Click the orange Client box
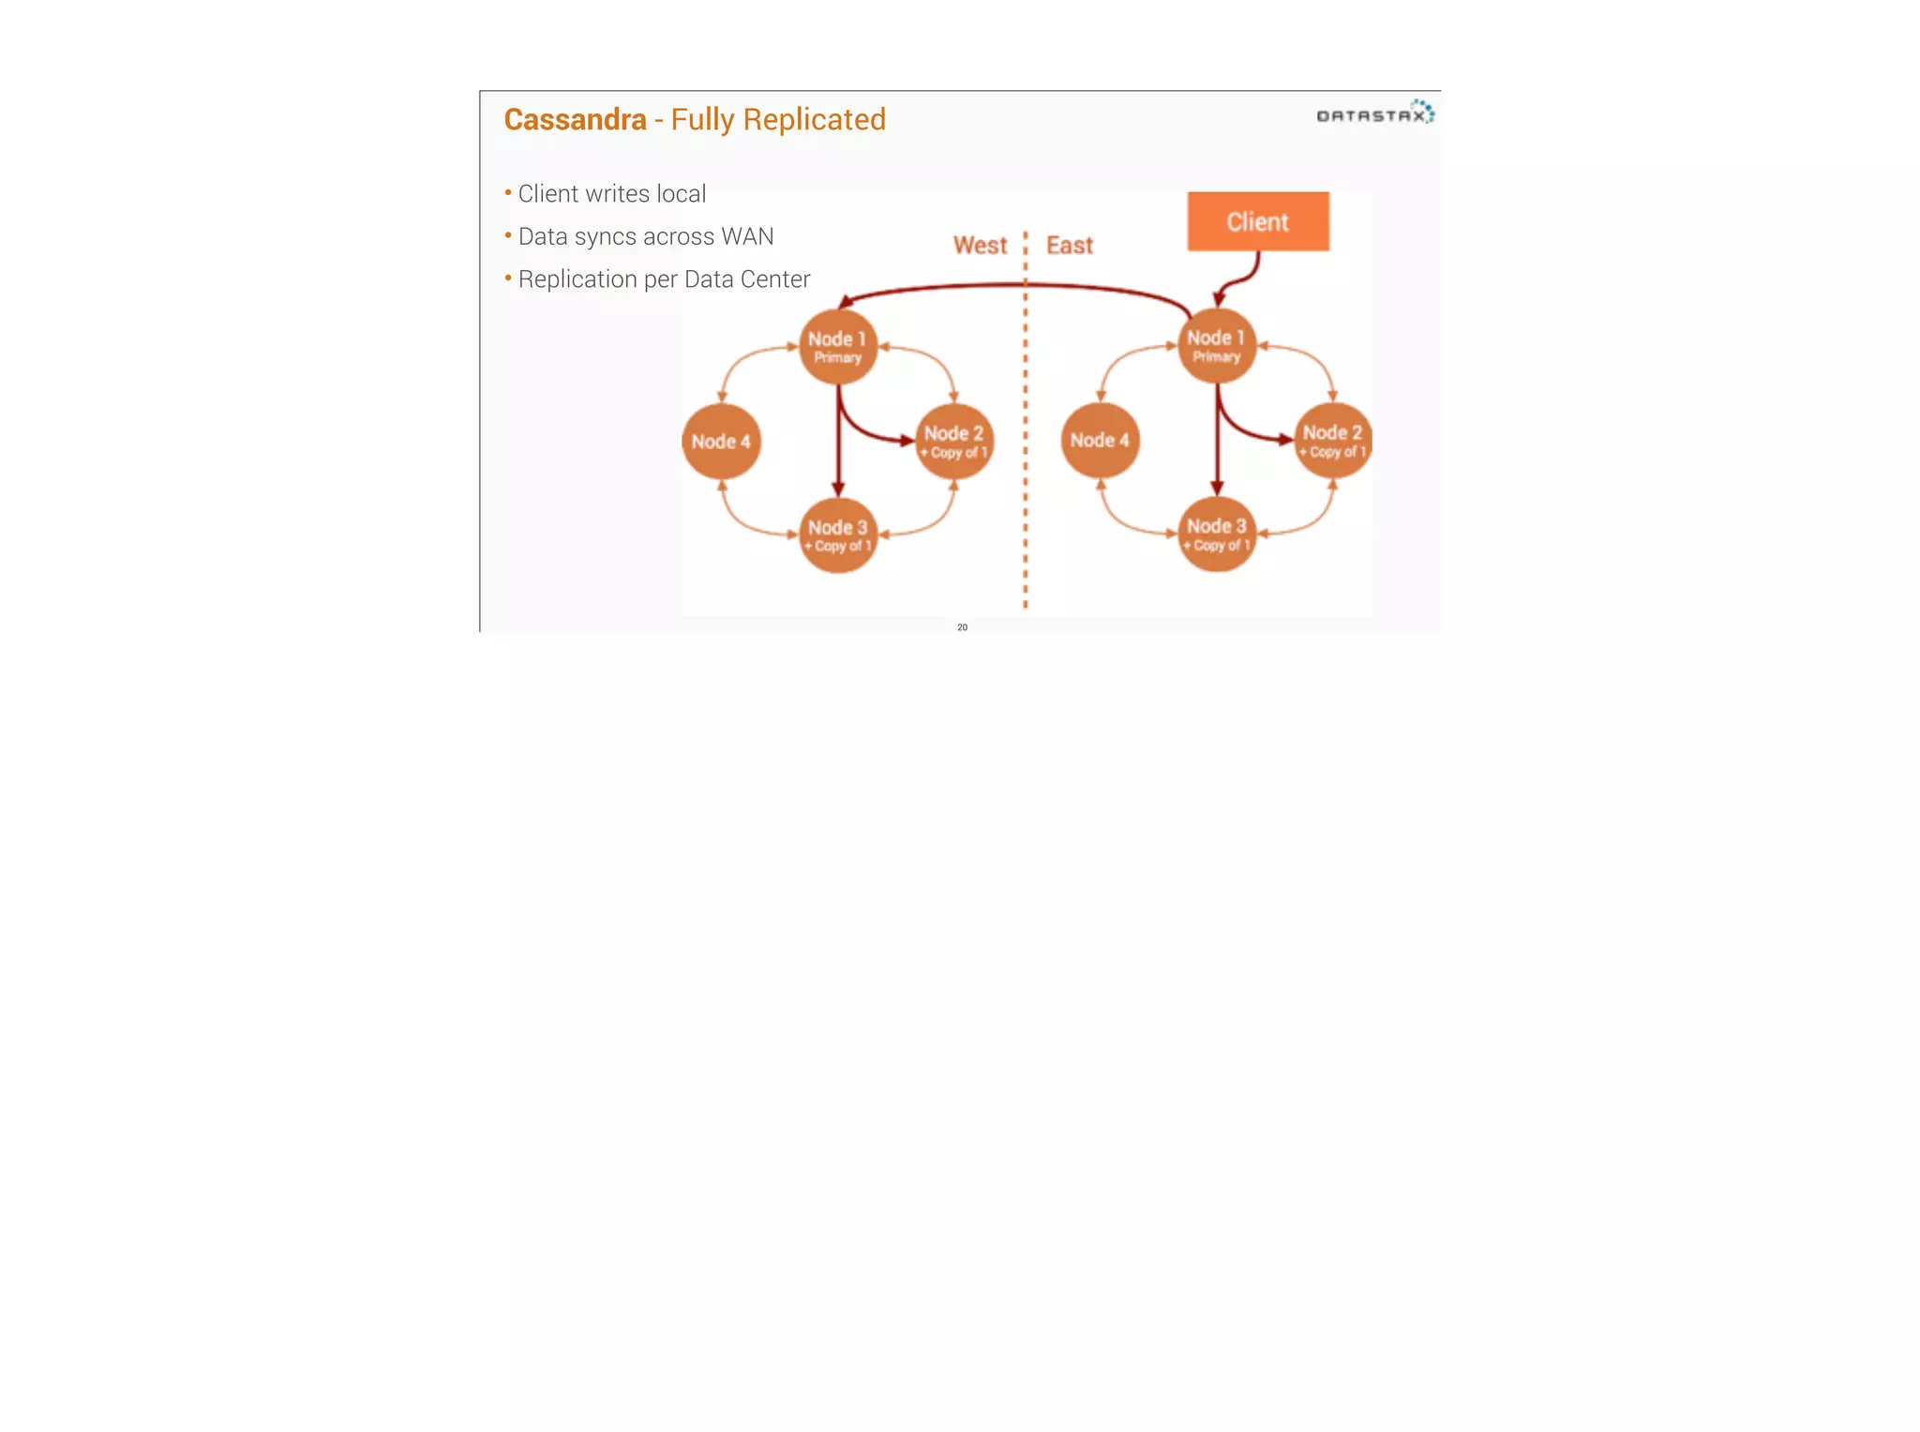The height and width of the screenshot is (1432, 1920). pos(1257,221)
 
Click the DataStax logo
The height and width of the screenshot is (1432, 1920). pos(1374,114)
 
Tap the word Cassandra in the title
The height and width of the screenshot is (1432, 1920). pos(575,120)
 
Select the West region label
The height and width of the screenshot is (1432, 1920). pos(980,246)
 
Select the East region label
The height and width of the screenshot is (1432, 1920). pos(1070,246)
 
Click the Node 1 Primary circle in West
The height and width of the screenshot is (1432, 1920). pos(837,347)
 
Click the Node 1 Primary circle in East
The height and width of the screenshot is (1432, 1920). pos(1216,346)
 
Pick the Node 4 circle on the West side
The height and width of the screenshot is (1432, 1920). pos(721,442)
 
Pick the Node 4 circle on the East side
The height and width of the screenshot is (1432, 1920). pos(1100,441)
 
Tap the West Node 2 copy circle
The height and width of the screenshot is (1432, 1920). pos(953,442)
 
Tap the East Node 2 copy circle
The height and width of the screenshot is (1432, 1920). pos(1332,441)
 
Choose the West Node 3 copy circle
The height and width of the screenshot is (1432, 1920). pos(837,535)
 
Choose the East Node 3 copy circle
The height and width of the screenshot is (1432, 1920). pos(1216,535)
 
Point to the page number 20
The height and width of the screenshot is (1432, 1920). pos(962,627)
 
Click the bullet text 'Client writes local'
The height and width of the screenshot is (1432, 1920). pos(611,194)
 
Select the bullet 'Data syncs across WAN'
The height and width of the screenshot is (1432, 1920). pos(645,237)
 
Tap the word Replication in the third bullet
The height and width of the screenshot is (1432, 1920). pos(577,279)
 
